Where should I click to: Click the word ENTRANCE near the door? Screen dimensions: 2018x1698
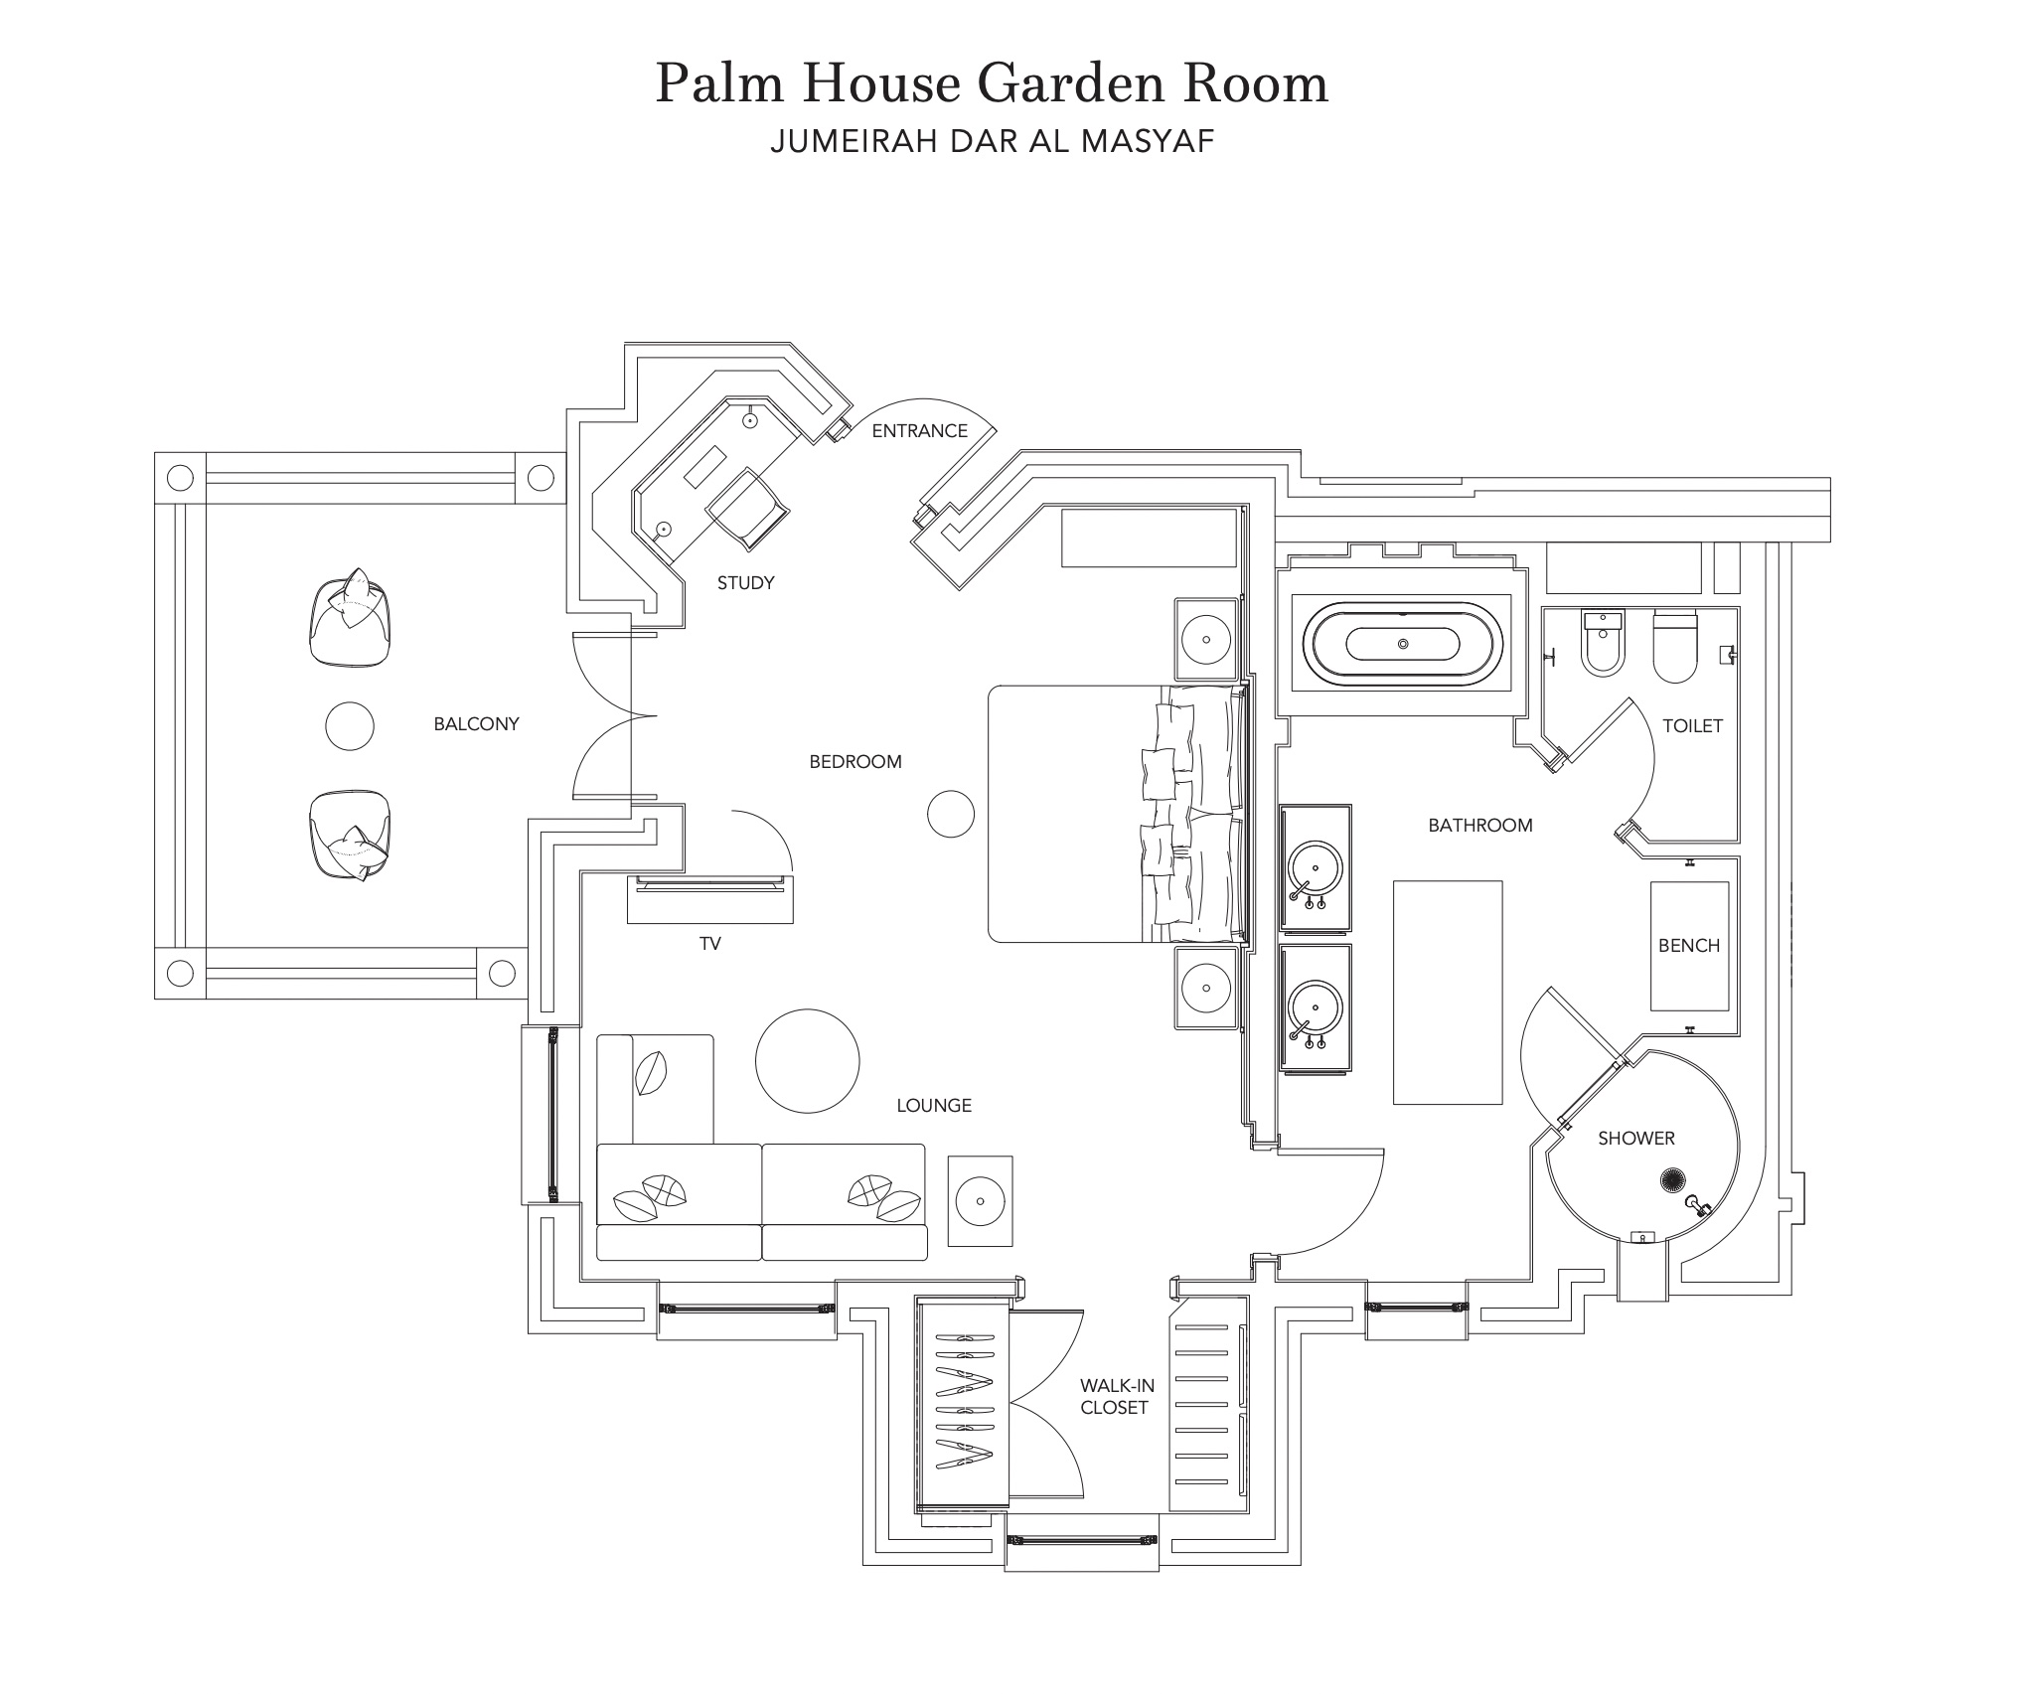[919, 430]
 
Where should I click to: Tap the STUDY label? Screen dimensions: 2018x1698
[745, 583]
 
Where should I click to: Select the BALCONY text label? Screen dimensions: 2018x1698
[476, 724]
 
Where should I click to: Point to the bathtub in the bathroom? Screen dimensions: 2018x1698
[1402, 643]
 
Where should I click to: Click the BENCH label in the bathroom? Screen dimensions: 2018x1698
[1689, 946]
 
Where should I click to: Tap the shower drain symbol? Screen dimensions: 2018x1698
[1673, 1181]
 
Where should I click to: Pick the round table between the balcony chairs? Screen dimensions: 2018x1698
[350, 726]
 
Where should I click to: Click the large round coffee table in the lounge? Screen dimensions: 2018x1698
[807, 1061]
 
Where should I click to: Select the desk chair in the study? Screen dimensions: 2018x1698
[748, 510]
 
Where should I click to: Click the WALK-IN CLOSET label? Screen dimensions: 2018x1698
[1117, 1396]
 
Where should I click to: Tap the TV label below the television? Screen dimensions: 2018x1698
[709, 944]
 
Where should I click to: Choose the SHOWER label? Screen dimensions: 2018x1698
[1636, 1139]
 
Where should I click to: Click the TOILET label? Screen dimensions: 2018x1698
[1692, 726]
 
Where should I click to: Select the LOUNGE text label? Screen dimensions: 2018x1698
[934, 1106]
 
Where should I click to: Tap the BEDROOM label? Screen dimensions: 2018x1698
[855, 762]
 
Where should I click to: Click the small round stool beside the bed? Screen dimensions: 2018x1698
[951, 814]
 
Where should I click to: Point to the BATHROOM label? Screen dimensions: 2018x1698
[1480, 826]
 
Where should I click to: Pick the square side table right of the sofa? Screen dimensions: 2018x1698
[980, 1200]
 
